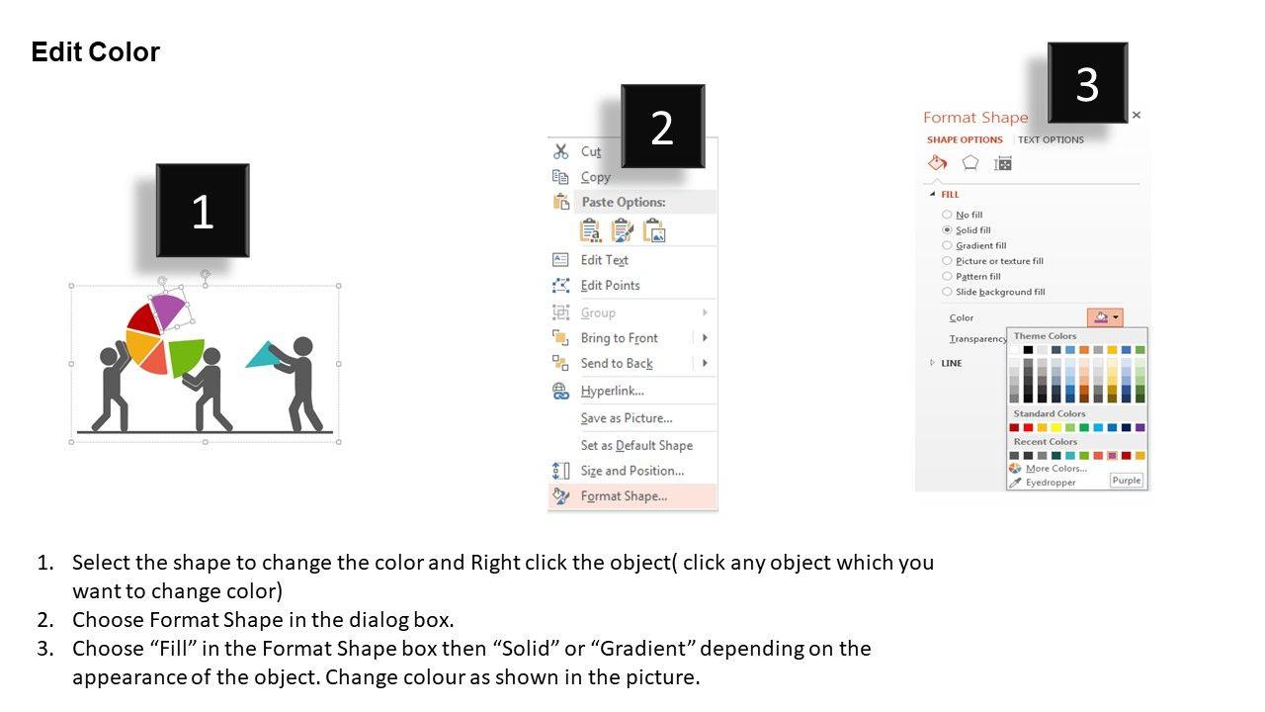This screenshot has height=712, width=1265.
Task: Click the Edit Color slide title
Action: click(96, 52)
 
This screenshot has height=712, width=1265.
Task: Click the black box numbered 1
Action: click(203, 211)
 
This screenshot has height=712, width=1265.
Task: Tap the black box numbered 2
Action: click(663, 126)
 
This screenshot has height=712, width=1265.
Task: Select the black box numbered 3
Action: click(1088, 82)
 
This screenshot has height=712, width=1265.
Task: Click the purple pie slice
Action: click(168, 311)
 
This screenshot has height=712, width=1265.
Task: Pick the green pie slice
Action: click(187, 356)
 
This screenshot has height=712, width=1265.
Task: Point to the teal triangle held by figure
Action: click(264, 355)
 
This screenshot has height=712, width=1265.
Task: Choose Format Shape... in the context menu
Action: click(624, 496)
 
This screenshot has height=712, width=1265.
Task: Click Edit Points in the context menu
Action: click(610, 286)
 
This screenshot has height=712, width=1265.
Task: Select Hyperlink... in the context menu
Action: click(612, 391)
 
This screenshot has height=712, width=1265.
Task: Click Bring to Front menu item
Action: click(619, 338)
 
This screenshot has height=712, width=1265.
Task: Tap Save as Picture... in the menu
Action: click(627, 418)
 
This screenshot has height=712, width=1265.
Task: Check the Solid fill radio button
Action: click(947, 230)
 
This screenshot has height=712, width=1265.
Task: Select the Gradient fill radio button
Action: click(947, 245)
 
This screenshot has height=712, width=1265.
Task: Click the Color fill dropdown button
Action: click(1105, 317)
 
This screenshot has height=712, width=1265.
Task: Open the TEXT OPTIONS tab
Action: click(1051, 139)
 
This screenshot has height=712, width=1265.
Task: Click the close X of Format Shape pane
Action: click(1137, 116)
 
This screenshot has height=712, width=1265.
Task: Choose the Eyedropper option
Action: click(1051, 482)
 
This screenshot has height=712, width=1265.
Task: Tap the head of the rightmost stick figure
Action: click(303, 346)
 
